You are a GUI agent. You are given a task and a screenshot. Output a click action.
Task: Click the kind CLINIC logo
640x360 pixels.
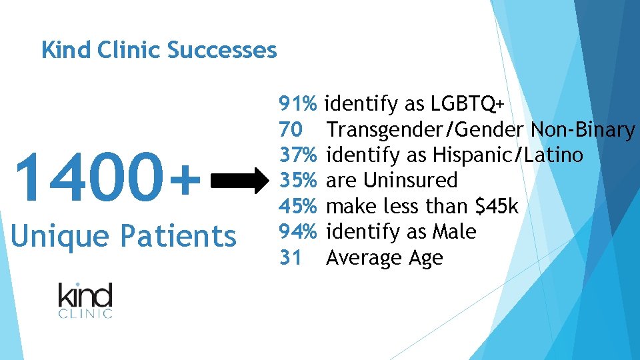click(x=85, y=301)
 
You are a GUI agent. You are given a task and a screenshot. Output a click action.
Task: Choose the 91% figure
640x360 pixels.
click(x=298, y=104)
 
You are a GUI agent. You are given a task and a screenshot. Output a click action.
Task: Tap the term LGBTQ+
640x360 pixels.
click(x=468, y=104)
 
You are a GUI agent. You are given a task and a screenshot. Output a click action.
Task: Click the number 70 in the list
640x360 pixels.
click(x=291, y=129)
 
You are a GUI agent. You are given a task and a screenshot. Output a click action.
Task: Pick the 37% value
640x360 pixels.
click(x=298, y=155)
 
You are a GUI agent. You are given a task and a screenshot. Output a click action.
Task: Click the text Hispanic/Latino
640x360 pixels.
click(x=508, y=155)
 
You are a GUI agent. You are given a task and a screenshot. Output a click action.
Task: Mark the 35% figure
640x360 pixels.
click(x=298, y=181)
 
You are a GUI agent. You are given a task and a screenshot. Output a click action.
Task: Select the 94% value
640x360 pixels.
click(x=298, y=232)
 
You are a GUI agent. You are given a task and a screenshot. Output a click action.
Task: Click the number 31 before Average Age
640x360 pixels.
click(x=291, y=257)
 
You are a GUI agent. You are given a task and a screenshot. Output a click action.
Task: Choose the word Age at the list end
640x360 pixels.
click(x=423, y=258)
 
